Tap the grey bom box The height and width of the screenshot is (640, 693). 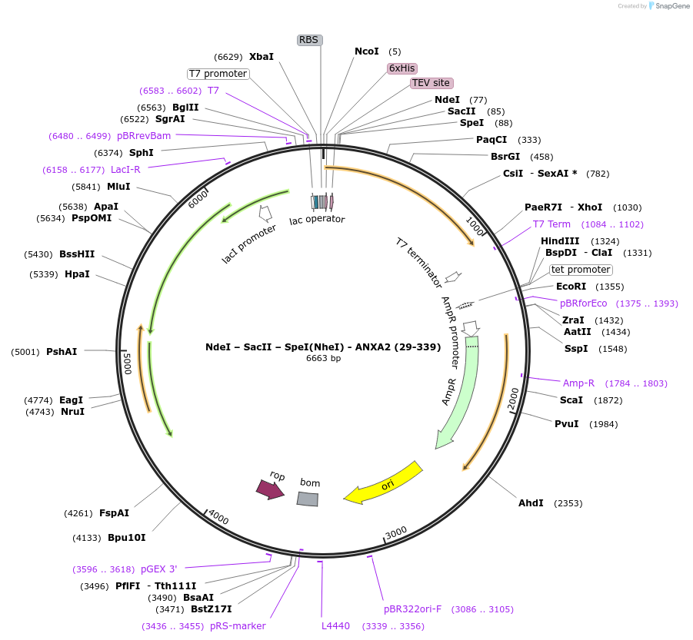(x=308, y=499)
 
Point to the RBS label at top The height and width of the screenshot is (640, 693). (x=309, y=40)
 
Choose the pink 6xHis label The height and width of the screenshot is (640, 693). (x=402, y=68)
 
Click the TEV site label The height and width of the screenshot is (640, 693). (x=431, y=83)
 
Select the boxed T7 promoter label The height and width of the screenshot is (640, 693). (x=218, y=74)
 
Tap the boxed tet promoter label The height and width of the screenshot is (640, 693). (x=581, y=270)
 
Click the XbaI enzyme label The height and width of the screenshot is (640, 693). (x=262, y=57)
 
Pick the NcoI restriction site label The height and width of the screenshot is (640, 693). (x=367, y=51)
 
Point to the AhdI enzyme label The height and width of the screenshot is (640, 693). (x=531, y=503)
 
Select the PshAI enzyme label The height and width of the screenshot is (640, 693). (x=62, y=352)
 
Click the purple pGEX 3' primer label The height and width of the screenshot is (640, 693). (x=158, y=569)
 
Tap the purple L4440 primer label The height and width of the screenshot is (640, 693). (x=335, y=626)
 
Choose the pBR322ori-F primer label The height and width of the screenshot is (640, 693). (x=413, y=609)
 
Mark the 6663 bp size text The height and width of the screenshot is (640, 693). (x=323, y=358)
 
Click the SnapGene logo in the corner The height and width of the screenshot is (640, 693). (x=668, y=6)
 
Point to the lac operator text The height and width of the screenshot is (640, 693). (x=317, y=220)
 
